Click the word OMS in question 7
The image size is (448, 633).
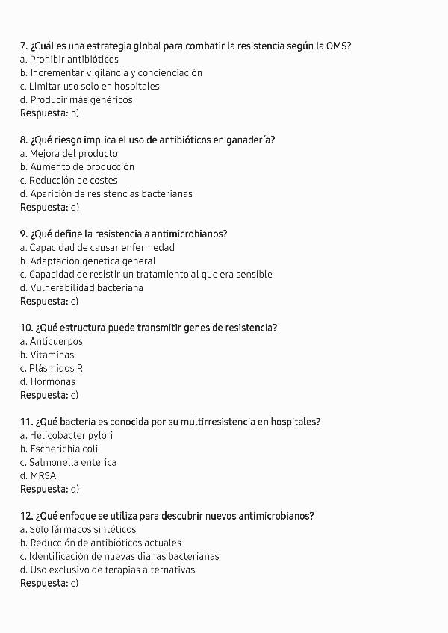click(x=338, y=46)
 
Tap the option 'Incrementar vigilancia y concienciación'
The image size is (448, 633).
click(x=116, y=73)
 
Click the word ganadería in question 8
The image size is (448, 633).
click(x=250, y=140)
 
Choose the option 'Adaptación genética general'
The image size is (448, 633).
click(x=93, y=261)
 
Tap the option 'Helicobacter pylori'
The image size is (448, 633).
click(x=72, y=436)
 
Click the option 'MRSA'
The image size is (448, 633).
click(x=43, y=476)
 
